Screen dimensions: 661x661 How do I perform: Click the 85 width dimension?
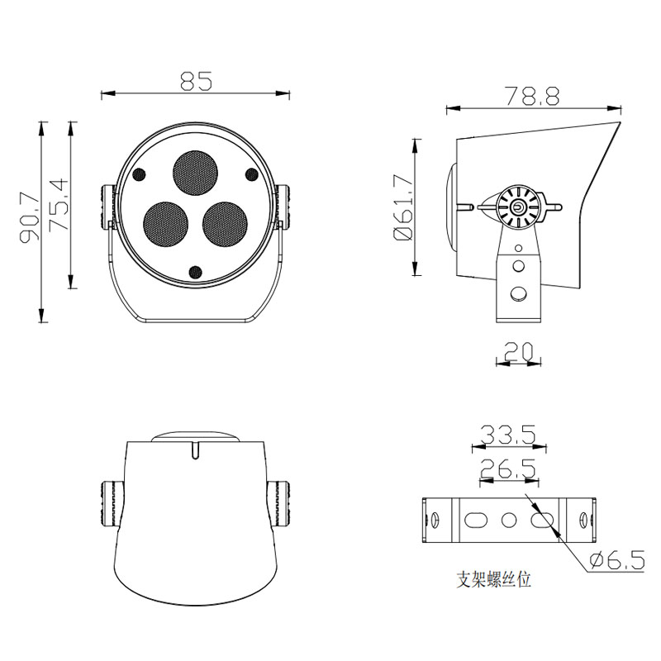click(x=196, y=81)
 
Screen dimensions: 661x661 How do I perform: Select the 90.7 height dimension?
click(x=30, y=217)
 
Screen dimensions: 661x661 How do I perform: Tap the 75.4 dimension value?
click(x=59, y=205)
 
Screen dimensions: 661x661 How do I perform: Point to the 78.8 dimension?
click(x=532, y=96)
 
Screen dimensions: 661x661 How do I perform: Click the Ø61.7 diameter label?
click(x=403, y=207)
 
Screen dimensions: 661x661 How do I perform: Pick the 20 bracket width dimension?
click(x=519, y=352)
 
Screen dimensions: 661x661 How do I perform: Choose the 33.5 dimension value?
click(x=508, y=435)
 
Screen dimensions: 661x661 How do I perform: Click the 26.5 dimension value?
click(x=508, y=468)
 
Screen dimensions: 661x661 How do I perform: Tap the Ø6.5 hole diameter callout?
click(x=617, y=560)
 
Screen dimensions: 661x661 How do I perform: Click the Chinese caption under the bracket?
click(x=493, y=579)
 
